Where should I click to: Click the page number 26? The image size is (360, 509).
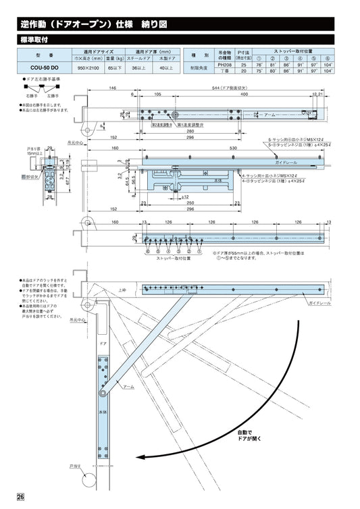[21, 498]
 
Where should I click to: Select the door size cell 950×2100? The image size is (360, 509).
[88, 68]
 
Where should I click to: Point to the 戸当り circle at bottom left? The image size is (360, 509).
[88, 482]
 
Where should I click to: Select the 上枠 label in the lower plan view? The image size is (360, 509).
[122, 290]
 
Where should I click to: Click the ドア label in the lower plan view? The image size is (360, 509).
[103, 344]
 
